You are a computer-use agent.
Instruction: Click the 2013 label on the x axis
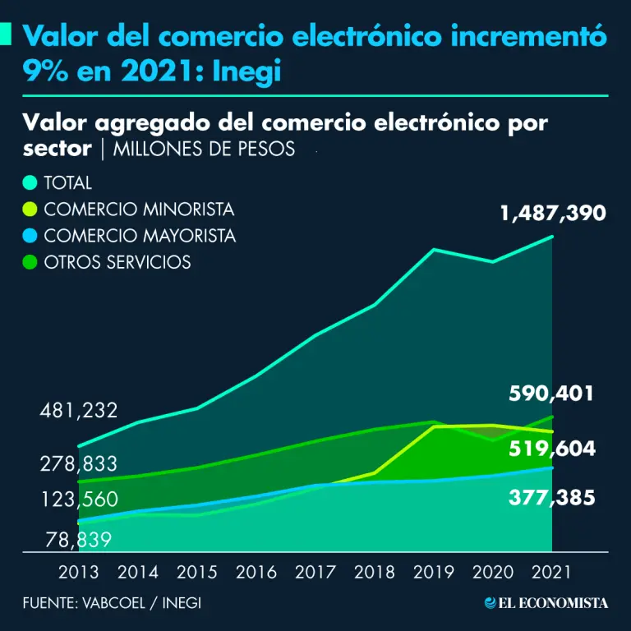(79, 572)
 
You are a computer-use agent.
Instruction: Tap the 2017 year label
(315, 572)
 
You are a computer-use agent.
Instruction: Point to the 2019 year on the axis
(434, 572)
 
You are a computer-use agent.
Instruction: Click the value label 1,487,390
(553, 214)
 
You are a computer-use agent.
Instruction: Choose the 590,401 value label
(550, 394)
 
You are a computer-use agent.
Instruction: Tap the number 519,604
(552, 449)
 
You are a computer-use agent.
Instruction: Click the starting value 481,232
(79, 411)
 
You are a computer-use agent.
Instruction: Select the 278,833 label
(79, 464)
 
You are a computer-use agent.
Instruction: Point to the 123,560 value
(79, 500)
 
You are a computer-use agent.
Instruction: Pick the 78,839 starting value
(79, 540)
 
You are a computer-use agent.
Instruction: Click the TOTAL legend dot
(30, 183)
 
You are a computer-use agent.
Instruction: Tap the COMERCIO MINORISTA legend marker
(30, 210)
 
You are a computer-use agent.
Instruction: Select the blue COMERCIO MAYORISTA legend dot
(30, 236)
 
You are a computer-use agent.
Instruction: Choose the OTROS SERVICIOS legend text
(117, 262)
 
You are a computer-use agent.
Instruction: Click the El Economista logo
(546, 603)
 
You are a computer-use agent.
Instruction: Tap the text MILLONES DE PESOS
(204, 150)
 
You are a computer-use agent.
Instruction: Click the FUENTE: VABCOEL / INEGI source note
(112, 603)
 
